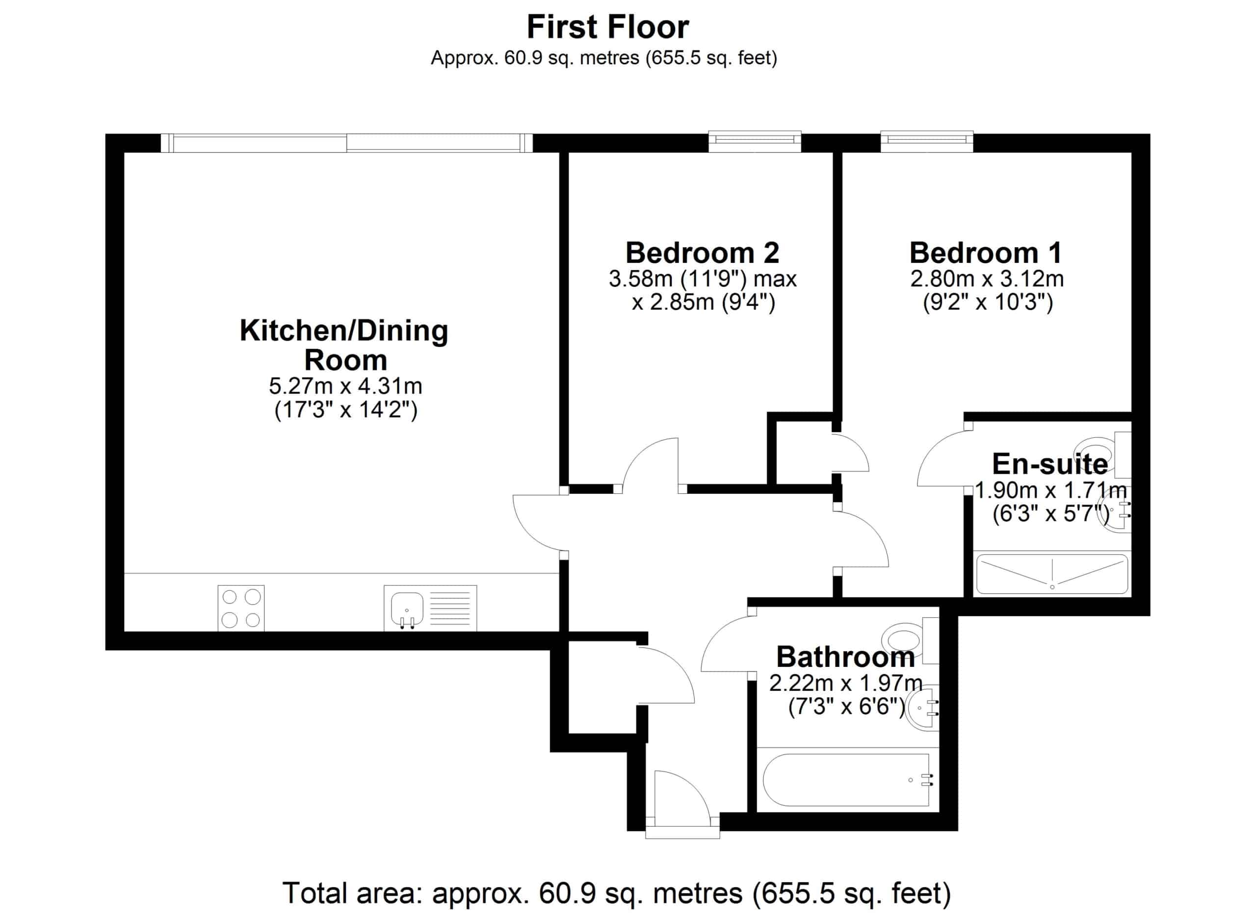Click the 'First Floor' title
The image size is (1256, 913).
(x=607, y=26)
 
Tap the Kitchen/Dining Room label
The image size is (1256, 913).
(x=344, y=345)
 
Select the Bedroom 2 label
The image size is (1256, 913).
(x=702, y=253)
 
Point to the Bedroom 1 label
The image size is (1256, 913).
(x=986, y=253)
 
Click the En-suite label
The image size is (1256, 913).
(x=1050, y=464)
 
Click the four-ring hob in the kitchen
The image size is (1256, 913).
(x=241, y=608)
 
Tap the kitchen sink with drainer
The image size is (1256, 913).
(x=430, y=608)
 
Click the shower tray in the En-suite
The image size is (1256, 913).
(x=1051, y=574)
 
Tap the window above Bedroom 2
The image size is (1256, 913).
(x=755, y=142)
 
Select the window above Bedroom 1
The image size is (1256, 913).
(x=927, y=142)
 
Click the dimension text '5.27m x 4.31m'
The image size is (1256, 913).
(x=345, y=386)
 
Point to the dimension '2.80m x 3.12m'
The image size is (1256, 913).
(x=987, y=279)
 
